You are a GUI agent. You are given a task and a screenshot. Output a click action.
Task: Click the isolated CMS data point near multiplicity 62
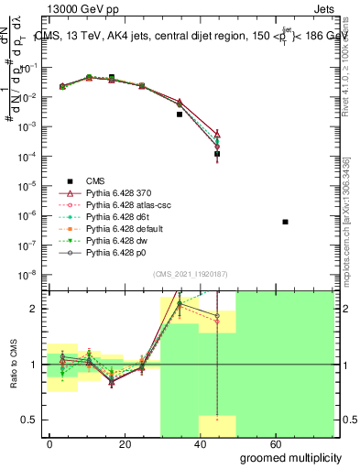click(286, 222)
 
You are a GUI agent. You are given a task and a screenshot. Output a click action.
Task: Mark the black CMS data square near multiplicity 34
click(180, 115)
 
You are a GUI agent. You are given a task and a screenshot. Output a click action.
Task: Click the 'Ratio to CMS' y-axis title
click(15, 365)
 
